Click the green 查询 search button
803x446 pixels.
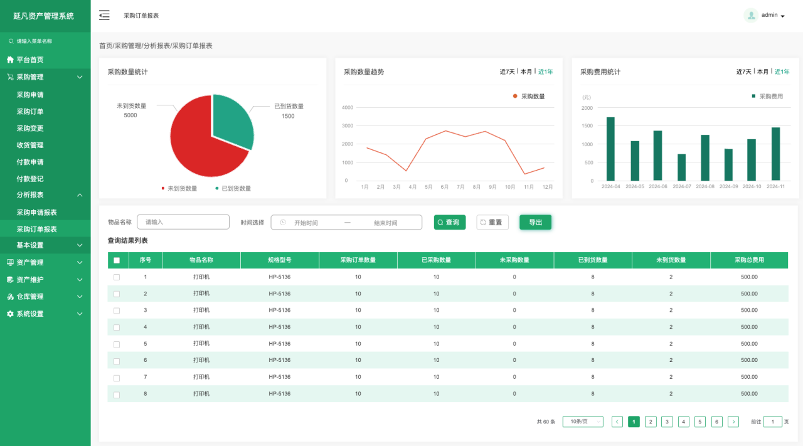[449, 222]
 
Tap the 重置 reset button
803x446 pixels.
[492, 222]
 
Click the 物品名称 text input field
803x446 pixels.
[183, 222]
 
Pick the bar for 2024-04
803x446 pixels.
[610, 149]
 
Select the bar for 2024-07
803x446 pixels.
[681, 167]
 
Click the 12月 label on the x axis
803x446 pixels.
[548, 187]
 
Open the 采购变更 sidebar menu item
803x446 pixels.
[30, 128]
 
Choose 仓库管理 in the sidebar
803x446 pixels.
[30, 297]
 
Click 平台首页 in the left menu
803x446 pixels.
[30, 60]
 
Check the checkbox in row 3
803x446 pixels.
[117, 311]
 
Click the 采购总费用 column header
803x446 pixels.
[749, 260]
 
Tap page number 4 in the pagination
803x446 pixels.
[684, 422]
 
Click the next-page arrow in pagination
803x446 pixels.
[733, 422]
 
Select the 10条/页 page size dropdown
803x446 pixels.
[583, 422]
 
